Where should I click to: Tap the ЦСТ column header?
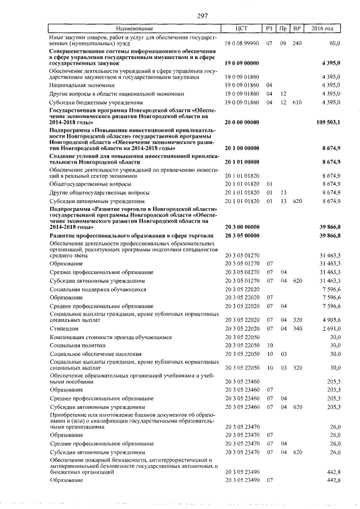[x=242, y=28]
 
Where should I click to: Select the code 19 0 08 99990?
[x=242, y=43]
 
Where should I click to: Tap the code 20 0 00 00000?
[x=242, y=122]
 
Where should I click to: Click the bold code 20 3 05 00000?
[x=242, y=235]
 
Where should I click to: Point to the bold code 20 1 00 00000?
[x=242, y=148]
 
